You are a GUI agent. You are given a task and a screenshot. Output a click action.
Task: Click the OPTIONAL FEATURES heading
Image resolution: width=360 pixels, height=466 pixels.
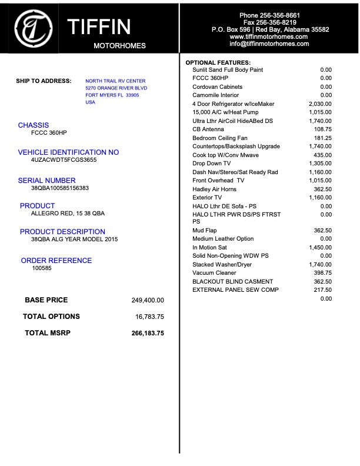click(x=218, y=62)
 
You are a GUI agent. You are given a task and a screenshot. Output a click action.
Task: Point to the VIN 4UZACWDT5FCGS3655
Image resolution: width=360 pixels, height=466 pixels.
click(x=64, y=159)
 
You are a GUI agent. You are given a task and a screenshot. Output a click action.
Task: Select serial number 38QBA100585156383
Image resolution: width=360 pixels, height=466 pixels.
click(x=60, y=188)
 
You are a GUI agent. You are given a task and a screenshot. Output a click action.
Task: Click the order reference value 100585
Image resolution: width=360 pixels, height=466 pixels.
click(x=42, y=268)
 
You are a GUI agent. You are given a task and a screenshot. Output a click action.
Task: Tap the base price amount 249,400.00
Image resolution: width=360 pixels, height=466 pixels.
click(x=148, y=300)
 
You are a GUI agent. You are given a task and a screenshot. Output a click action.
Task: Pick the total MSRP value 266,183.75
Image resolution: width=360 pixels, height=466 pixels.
click(x=148, y=333)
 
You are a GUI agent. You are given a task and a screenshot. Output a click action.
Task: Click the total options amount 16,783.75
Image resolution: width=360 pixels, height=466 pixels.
click(x=149, y=317)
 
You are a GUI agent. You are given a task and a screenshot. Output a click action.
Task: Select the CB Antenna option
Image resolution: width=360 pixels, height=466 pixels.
click(x=208, y=129)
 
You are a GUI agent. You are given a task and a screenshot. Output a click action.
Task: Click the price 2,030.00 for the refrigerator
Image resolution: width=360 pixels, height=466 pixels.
click(x=320, y=104)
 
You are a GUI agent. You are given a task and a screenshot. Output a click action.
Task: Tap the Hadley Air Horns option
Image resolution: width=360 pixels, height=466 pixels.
click(x=215, y=189)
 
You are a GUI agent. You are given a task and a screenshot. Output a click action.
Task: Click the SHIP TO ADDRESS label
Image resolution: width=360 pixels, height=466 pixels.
click(x=44, y=81)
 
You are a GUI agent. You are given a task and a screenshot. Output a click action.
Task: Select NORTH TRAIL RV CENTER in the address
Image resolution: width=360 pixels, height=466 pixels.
click(x=115, y=81)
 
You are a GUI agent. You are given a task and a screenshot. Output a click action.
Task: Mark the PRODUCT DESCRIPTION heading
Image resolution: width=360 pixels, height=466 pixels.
click(x=62, y=232)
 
